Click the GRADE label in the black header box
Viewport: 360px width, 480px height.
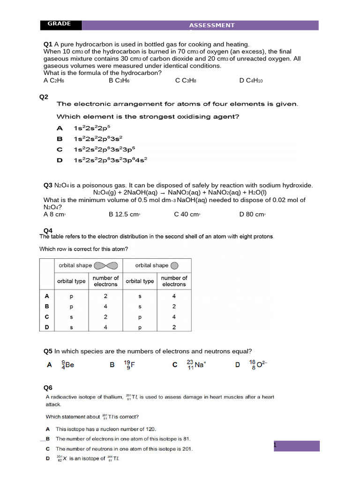click(59, 24)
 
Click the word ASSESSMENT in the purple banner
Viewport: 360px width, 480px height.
click(211, 25)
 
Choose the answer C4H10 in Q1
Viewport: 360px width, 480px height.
click(251, 81)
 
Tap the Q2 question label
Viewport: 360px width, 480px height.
click(44, 97)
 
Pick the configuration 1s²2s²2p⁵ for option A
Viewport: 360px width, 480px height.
click(92, 128)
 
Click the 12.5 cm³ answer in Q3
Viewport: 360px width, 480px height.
click(125, 214)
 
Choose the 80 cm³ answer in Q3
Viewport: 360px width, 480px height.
click(253, 214)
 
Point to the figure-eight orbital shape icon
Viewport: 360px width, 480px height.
click(106, 266)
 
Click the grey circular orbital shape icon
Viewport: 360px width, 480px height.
click(174, 266)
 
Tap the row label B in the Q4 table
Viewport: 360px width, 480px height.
click(46, 306)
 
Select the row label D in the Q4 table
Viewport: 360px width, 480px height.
click(46, 327)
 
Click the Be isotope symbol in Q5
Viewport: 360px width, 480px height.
click(68, 365)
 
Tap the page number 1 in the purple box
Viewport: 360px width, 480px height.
click(276, 445)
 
